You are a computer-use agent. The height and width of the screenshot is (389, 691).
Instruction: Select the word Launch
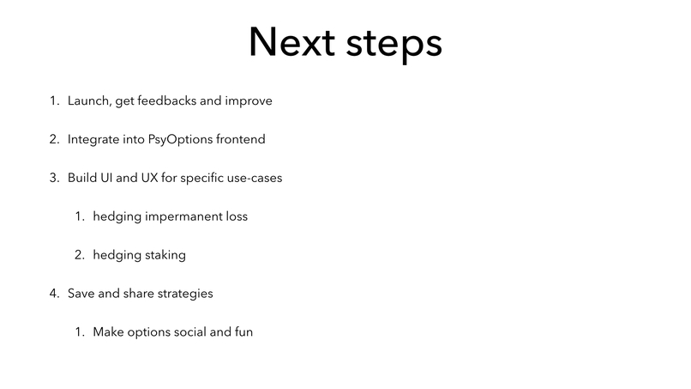[x=88, y=101]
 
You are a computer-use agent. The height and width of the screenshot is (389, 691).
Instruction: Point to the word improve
[x=249, y=102]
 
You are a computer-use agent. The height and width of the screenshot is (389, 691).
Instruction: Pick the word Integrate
[x=94, y=139]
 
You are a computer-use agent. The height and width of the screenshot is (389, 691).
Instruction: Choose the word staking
[x=165, y=256]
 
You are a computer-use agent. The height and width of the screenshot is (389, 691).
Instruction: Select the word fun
[x=243, y=332]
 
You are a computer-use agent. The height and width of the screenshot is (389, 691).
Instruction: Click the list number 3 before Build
[x=53, y=178]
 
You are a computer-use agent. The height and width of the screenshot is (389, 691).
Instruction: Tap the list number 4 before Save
[x=53, y=294]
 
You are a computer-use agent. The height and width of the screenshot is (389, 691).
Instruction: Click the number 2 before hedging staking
[x=78, y=255]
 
